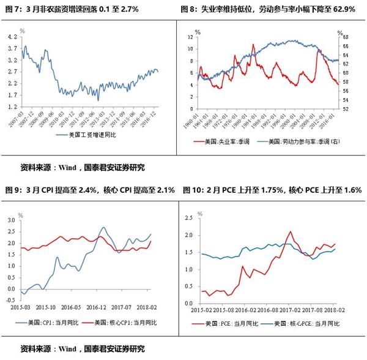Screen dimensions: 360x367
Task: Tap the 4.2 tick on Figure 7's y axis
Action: (12, 37)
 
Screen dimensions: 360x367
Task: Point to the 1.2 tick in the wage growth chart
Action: (12, 107)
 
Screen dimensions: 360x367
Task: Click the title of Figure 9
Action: (90, 190)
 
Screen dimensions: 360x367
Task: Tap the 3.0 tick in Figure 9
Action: (11, 219)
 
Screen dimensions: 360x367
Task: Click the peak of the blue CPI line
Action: (104, 228)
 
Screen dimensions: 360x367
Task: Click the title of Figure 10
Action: (272, 190)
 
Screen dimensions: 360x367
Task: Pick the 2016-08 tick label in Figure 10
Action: (267, 311)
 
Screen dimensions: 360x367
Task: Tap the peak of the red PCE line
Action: (289, 232)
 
